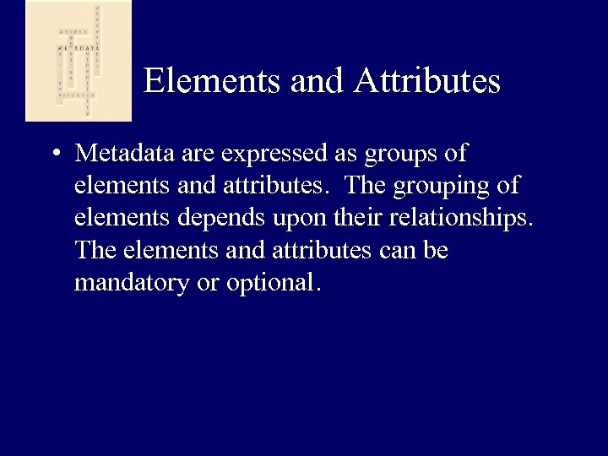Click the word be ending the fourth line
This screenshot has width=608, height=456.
click(x=437, y=252)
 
